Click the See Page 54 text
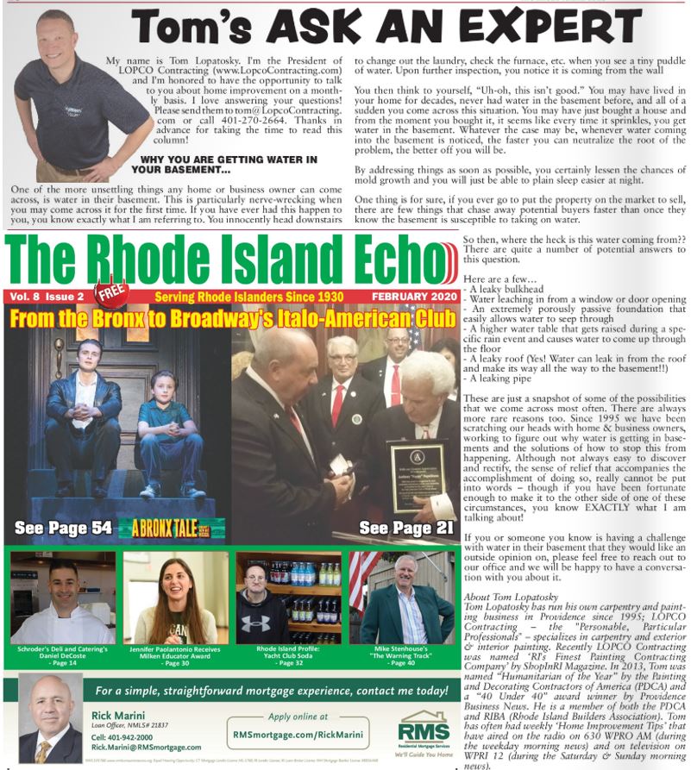point(63,527)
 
